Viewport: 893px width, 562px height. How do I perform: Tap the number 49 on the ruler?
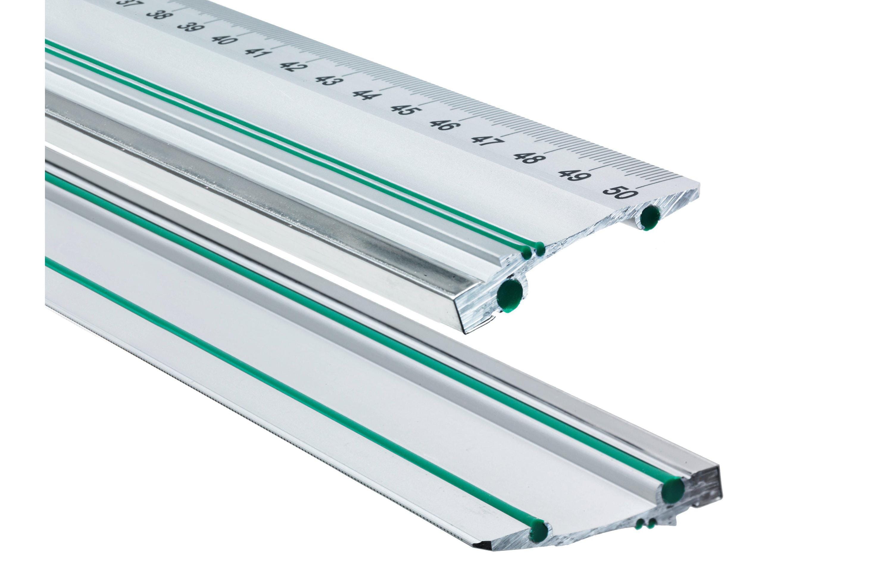pyautogui.click(x=575, y=175)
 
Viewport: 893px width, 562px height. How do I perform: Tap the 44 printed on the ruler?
pyautogui.click(x=365, y=95)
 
